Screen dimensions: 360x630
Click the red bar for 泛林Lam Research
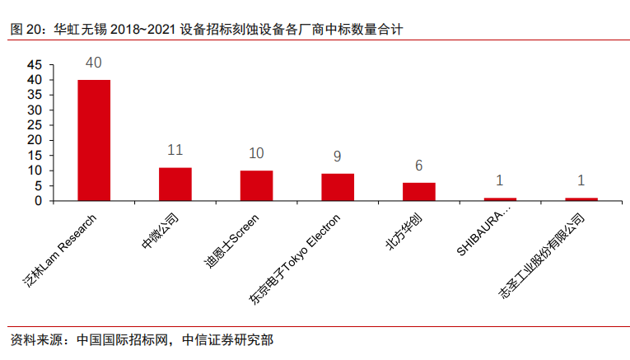coord(94,140)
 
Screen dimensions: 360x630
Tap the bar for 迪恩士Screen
coord(256,185)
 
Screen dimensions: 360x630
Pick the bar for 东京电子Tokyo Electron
coord(338,187)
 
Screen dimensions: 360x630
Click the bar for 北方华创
coord(418,191)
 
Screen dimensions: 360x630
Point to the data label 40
coord(94,63)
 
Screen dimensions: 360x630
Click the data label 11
coord(175,150)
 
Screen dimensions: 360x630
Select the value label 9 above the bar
coord(338,157)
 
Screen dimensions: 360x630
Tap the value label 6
coord(418,166)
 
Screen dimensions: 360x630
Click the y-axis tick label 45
coord(34,65)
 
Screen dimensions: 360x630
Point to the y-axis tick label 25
coord(34,125)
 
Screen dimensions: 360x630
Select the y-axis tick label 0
coord(38,201)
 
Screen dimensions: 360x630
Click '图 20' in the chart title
coord(24,30)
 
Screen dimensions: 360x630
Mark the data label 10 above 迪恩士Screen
coord(256,153)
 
